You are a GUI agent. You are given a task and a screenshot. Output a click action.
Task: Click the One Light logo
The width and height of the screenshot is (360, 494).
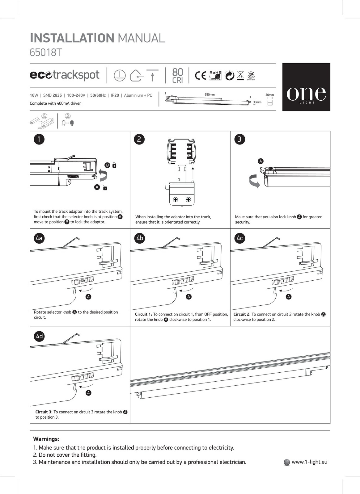pyautogui.click(x=306, y=87)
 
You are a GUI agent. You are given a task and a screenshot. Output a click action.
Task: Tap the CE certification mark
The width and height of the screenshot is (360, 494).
pyautogui.click(x=201, y=75)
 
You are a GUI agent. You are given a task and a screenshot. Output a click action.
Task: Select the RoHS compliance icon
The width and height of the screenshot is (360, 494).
pyautogui.click(x=215, y=75)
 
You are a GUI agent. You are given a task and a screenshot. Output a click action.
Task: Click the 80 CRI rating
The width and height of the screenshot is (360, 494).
pyautogui.click(x=178, y=76)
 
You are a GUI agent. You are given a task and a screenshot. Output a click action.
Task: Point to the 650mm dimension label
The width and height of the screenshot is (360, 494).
pyautogui.click(x=210, y=95)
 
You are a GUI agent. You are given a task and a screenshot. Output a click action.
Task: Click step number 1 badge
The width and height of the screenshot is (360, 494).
pyautogui.click(x=39, y=139)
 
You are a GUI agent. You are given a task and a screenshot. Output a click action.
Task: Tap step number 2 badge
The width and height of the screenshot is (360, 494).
pyautogui.click(x=139, y=139)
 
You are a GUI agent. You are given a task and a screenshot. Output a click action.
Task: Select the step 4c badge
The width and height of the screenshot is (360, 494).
pyautogui.click(x=240, y=238)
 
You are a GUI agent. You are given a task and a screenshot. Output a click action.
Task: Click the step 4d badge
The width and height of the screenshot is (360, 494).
pyautogui.click(x=39, y=336)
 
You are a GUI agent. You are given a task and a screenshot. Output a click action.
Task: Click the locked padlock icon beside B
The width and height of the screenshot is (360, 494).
pyautogui.click(x=114, y=165)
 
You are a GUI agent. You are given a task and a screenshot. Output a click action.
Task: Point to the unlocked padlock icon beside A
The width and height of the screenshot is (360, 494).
pyautogui.click(x=105, y=187)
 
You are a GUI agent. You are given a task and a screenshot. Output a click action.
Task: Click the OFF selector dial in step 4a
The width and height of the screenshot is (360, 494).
pyautogui.click(x=83, y=281)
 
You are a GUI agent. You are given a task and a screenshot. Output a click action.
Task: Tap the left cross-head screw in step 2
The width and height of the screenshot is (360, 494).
pyautogui.click(x=176, y=199)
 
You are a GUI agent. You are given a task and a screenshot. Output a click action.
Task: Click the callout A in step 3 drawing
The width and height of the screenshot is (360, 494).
pyautogui.click(x=260, y=161)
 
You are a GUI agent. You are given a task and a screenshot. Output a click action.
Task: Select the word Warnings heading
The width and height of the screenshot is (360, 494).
pyautogui.click(x=46, y=439)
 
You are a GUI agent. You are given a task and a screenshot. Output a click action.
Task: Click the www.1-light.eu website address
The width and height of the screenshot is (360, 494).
pyautogui.click(x=309, y=462)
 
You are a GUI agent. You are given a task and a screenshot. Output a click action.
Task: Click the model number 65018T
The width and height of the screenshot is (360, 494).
pyautogui.click(x=46, y=52)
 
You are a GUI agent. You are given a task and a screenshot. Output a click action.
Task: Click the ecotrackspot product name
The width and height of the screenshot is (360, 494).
pyautogui.click(x=65, y=75)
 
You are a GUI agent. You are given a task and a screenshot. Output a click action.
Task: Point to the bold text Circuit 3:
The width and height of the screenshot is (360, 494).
pyautogui.click(x=44, y=412)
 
